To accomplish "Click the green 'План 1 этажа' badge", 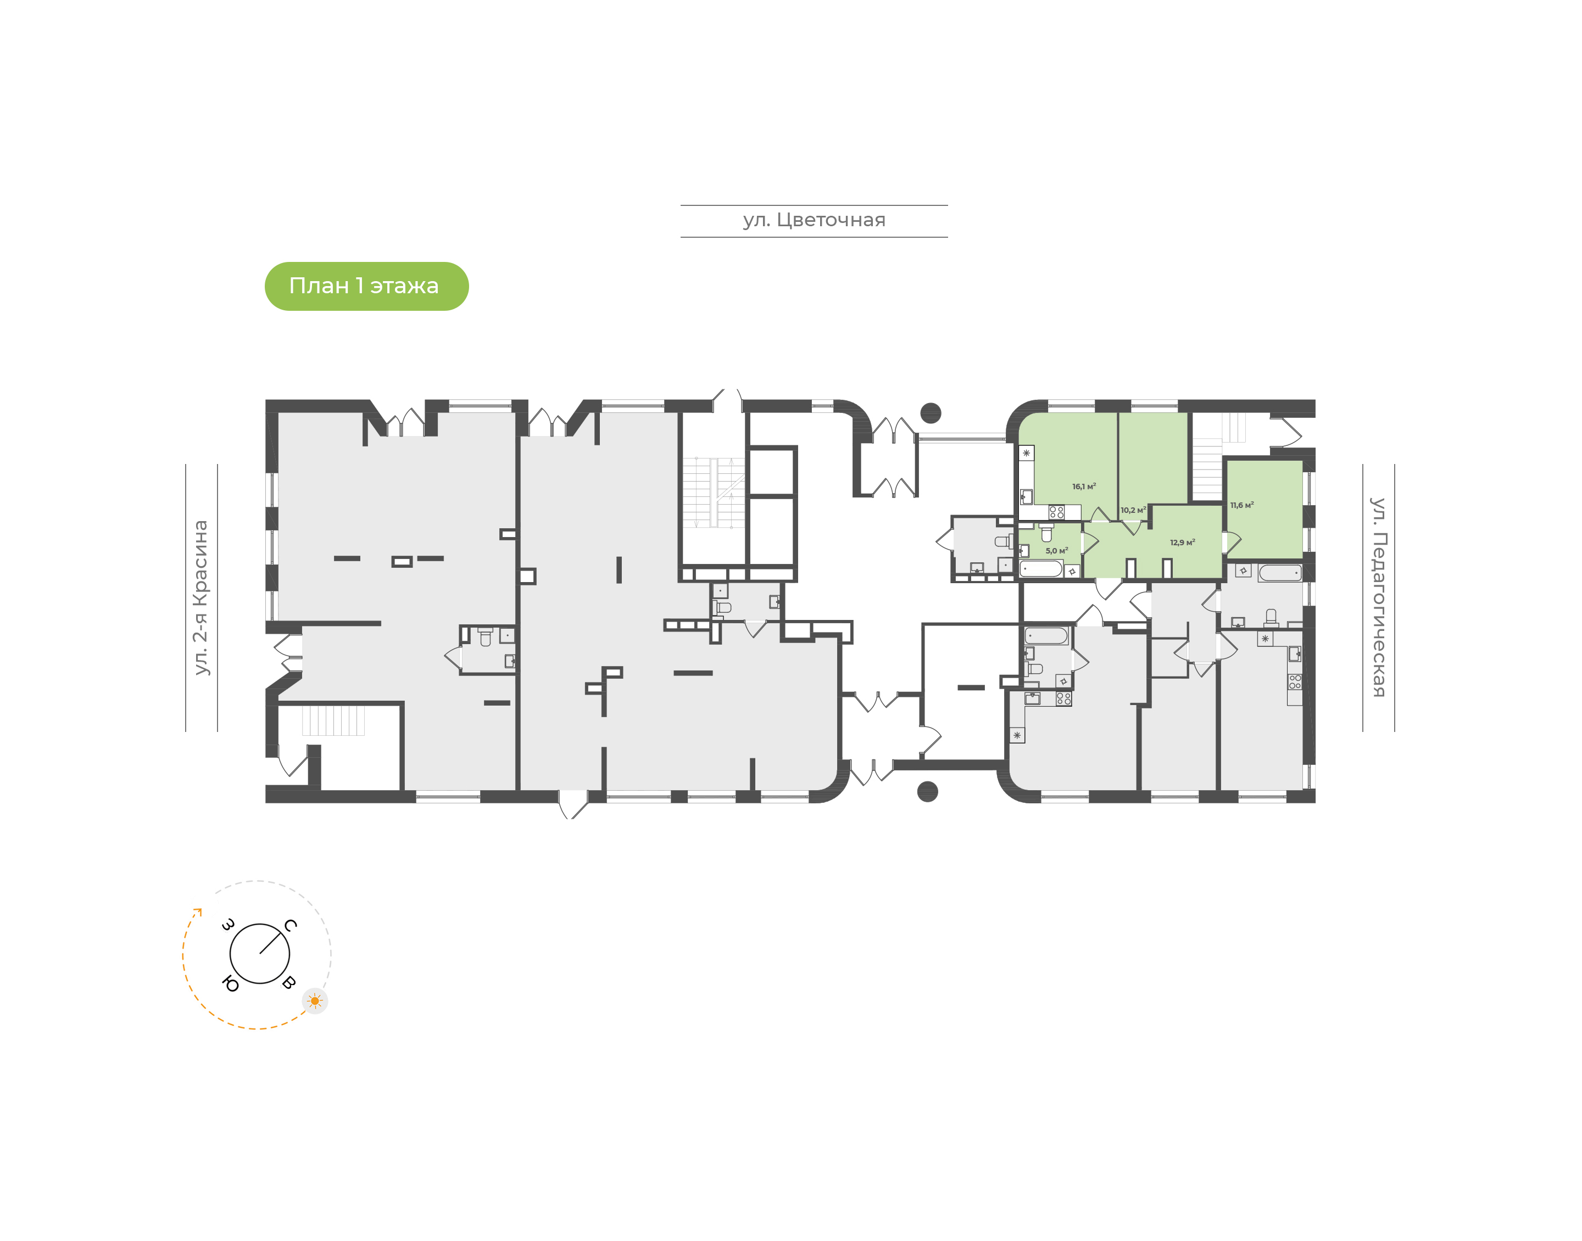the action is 366,286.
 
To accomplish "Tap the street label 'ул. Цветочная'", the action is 814,220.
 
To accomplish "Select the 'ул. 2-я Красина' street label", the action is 200,597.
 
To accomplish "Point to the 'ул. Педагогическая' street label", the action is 1378,597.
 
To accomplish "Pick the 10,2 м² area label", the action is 1133,510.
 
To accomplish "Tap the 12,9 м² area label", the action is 1182,542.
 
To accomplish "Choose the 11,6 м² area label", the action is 1241,505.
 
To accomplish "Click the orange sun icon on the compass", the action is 315,1000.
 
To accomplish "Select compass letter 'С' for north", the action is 290,925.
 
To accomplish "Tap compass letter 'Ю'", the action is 230,984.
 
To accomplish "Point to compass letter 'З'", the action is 228,925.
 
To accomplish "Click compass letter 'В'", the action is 288,983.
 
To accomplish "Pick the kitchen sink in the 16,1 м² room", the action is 1027,497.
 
